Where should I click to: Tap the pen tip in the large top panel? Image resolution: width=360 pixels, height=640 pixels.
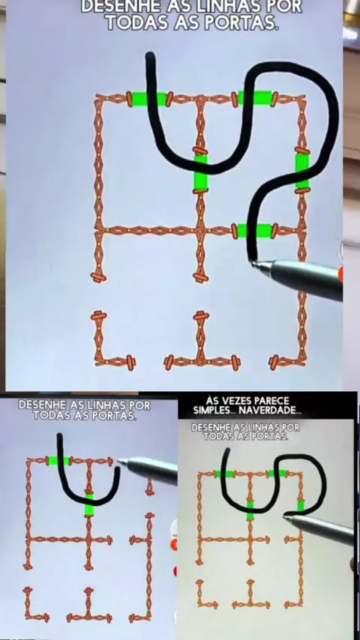point(253,262)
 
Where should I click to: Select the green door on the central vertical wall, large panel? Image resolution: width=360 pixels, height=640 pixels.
point(201,172)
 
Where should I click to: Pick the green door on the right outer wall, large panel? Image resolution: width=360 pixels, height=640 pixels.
point(302,171)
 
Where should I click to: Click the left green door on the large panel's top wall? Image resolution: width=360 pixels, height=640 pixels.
point(148,99)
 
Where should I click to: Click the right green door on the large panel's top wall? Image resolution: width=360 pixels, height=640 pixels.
point(255,98)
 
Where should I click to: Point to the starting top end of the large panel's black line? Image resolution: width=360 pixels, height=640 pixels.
point(150,55)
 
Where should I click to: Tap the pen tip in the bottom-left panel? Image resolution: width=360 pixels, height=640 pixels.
point(120,461)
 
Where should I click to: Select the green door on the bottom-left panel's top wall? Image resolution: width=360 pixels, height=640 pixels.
point(58,461)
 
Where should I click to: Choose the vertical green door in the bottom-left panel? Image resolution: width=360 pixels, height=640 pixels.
point(89,504)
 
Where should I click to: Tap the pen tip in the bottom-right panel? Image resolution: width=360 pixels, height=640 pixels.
point(285,518)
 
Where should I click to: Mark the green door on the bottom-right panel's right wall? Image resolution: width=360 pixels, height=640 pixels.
point(301,505)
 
